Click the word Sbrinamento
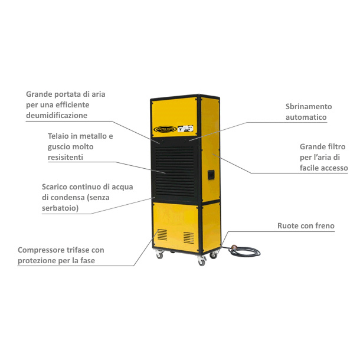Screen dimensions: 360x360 click(309, 107)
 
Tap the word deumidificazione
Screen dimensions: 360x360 click(57, 115)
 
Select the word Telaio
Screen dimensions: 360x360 click(58, 136)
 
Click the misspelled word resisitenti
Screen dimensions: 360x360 click(65, 157)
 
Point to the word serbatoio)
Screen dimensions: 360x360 click(60, 208)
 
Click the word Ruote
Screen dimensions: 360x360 click(288, 225)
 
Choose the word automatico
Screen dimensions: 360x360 click(306, 117)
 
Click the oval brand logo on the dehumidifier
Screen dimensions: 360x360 click(165, 129)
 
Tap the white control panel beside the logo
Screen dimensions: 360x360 click(185, 129)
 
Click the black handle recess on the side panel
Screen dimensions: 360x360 click(211, 175)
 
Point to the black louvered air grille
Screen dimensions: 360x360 click(175, 172)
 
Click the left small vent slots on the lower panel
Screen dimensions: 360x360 click(162, 235)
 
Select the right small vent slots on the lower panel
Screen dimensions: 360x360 click(189, 238)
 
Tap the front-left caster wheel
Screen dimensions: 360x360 click(159, 254)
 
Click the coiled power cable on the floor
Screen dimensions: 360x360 click(244, 251)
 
